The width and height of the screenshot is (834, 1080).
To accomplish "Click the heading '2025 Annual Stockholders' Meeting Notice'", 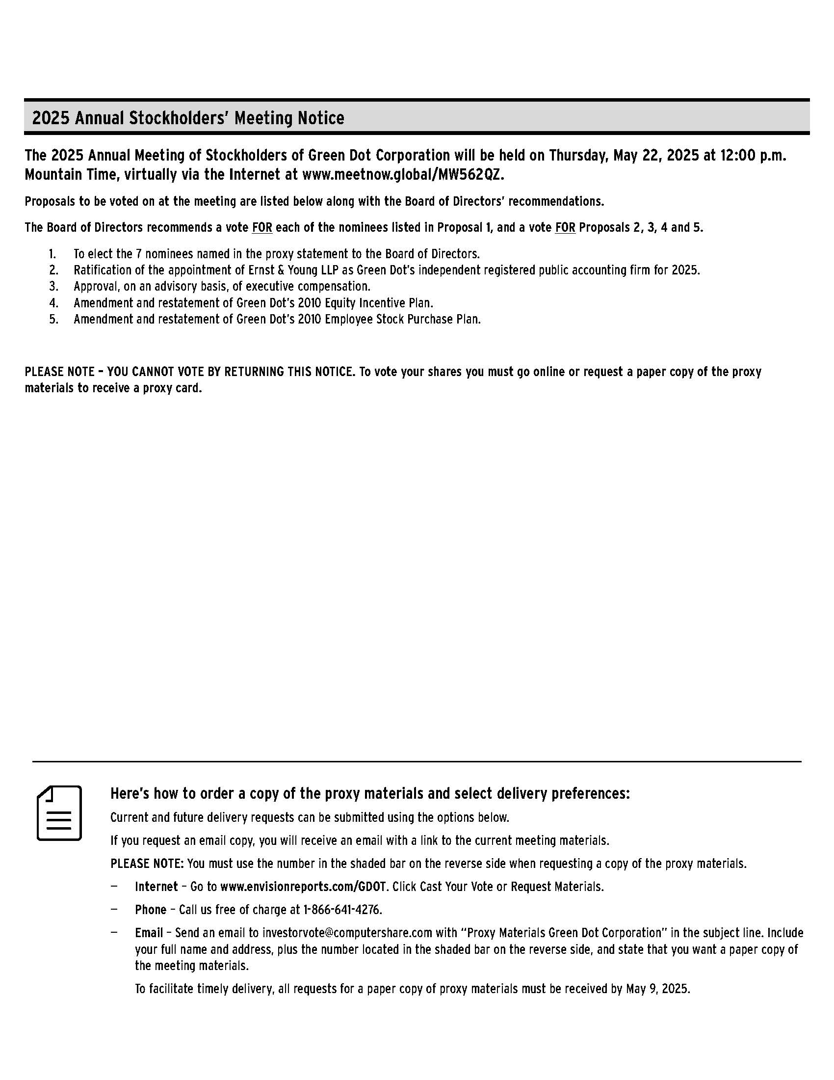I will [x=188, y=118].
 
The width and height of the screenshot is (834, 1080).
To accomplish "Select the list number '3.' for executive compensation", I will [x=53, y=286].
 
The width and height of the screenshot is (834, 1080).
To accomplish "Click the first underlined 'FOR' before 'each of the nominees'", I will [x=262, y=227].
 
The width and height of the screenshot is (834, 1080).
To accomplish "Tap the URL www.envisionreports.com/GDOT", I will [x=303, y=886].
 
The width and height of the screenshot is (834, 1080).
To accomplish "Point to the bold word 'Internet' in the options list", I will [x=156, y=886].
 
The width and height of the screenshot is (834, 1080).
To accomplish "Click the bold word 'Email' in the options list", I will [x=149, y=932].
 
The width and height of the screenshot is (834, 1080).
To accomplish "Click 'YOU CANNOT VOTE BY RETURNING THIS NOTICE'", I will [x=231, y=372].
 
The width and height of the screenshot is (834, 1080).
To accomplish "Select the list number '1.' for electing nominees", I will [x=52, y=254].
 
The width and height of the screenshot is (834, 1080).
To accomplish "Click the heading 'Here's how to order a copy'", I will [x=369, y=793].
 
